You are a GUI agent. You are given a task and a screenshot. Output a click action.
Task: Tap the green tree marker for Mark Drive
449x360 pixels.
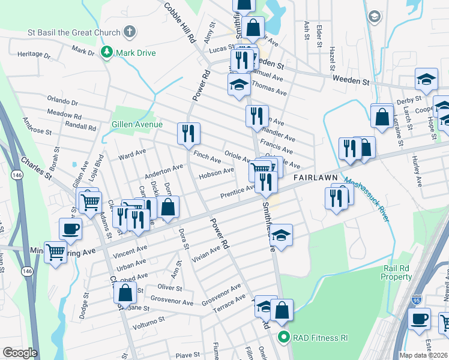[x=107, y=53]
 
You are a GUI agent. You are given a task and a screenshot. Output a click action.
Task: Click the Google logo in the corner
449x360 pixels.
[x=19, y=353]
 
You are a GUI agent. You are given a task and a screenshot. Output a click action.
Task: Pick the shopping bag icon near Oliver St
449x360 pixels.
[x=125, y=293]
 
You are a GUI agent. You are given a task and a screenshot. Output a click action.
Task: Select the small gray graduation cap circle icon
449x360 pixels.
[x=375, y=16]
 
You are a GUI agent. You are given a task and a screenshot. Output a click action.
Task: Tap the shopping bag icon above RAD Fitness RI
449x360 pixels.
[x=281, y=309]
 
